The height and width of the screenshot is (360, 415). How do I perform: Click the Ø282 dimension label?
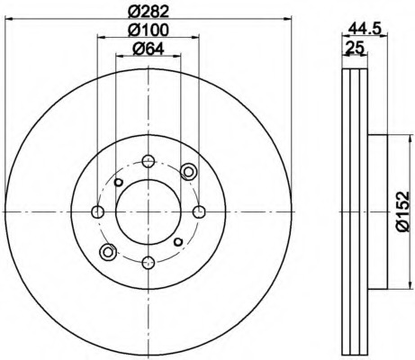(x=149, y=12)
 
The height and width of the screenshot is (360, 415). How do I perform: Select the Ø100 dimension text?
(x=149, y=30)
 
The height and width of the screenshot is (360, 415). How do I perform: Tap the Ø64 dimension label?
(x=149, y=49)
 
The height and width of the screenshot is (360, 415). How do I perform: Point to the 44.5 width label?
(x=365, y=30)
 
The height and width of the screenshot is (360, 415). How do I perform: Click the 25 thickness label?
(x=355, y=48)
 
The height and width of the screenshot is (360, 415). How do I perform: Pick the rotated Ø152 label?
(x=402, y=211)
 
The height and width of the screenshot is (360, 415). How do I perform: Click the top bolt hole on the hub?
(x=149, y=161)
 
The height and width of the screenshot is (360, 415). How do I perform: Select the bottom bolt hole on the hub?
(x=149, y=263)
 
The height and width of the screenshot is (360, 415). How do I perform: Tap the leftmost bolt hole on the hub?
(x=97, y=211)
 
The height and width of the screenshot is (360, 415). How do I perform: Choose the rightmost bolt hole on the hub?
(x=198, y=211)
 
